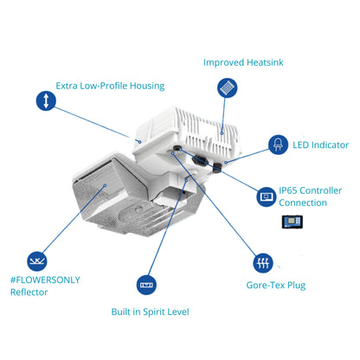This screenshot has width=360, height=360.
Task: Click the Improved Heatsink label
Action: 243,62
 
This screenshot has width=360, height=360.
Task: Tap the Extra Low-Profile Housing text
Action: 110,86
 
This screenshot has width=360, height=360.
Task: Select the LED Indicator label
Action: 320,145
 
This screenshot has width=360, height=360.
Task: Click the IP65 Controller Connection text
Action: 310,196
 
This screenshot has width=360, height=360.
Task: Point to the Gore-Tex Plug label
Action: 276,286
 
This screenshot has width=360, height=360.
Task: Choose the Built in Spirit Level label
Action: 150,312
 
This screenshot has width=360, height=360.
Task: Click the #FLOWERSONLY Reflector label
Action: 45,286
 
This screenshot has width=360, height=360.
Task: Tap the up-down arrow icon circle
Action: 46,100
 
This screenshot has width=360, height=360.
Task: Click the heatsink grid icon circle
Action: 228,87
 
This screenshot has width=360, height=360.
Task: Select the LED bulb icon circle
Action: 278,145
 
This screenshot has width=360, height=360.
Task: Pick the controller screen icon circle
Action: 267,196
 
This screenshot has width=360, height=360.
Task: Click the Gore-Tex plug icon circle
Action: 263,263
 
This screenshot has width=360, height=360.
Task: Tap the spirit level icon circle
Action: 146,285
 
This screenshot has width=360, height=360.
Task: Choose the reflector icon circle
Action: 37,261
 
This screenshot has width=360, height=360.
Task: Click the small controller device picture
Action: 292,222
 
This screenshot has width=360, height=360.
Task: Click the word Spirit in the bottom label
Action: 154,312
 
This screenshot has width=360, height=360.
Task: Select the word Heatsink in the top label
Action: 265,62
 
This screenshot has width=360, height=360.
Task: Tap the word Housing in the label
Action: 147,87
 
